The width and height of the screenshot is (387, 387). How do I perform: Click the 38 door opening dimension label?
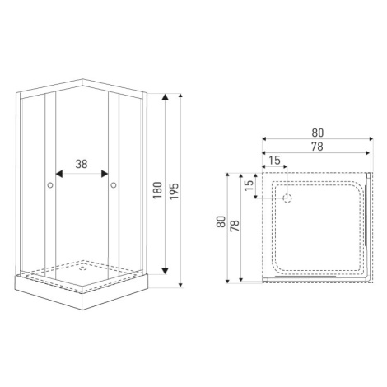pyautogui.click(x=82, y=164)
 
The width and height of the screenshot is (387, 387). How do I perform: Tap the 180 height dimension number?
pyautogui.click(x=157, y=190)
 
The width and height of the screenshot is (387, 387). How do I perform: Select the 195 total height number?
pyautogui.click(x=174, y=191)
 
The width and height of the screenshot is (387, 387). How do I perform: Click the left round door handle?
pyautogui.click(x=50, y=185)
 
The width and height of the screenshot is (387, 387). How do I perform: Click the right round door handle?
pyautogui.click(x=114, y=185)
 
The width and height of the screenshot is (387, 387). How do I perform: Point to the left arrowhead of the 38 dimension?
pyautogui.click(x=59, y=174)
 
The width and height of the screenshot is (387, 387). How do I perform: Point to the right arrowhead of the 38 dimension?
pyautogui.click(x=105, y=174)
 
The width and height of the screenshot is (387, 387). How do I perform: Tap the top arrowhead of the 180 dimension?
pyautogui.click(x=165, y=97)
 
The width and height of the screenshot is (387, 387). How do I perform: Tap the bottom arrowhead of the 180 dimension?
pyautogui.click(x=165, y=271)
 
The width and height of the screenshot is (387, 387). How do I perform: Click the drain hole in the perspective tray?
pyautogui.click(x=82, y=268)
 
